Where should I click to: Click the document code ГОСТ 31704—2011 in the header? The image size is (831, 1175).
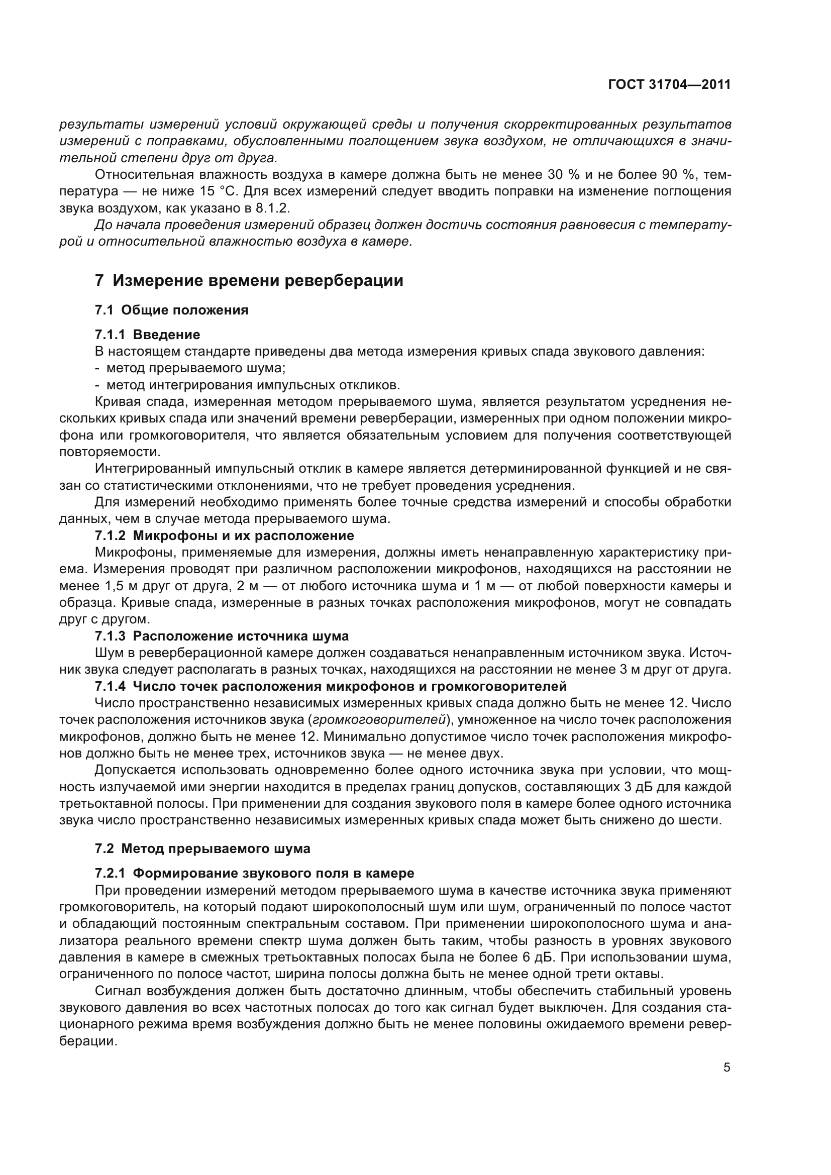click(669, 85)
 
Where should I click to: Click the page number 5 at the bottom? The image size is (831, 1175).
click(726, 1067)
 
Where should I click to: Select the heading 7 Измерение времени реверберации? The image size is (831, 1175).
click(249, 280)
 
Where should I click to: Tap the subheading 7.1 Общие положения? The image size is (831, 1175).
click(172, 310)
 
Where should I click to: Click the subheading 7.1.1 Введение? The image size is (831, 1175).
click(147, 335)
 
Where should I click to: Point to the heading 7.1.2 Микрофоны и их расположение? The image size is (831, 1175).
click(224, 536)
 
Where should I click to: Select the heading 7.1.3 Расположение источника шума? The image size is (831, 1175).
click(222, 636)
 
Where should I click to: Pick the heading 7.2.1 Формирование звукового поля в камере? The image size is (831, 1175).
click(254, 873)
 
